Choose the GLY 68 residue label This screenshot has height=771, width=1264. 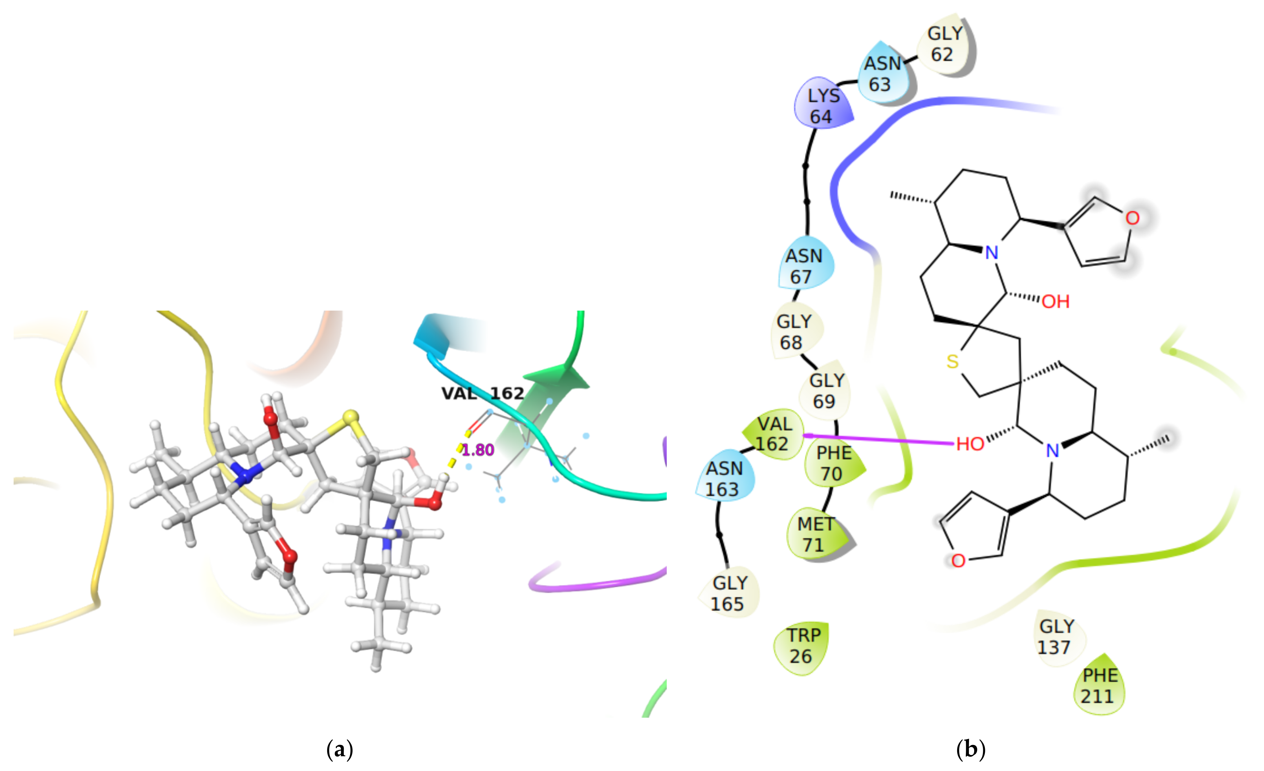[x=794, y=331]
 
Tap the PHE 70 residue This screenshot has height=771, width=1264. [x=833, y=463]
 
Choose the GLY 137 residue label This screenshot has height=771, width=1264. [x=1056, y=637]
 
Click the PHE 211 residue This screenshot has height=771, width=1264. [x=1099, y=686]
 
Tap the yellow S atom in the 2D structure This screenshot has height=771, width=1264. [x=952, y=361]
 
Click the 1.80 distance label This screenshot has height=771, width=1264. [x=478, y=450]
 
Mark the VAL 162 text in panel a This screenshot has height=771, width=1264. [x=483, y=393]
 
